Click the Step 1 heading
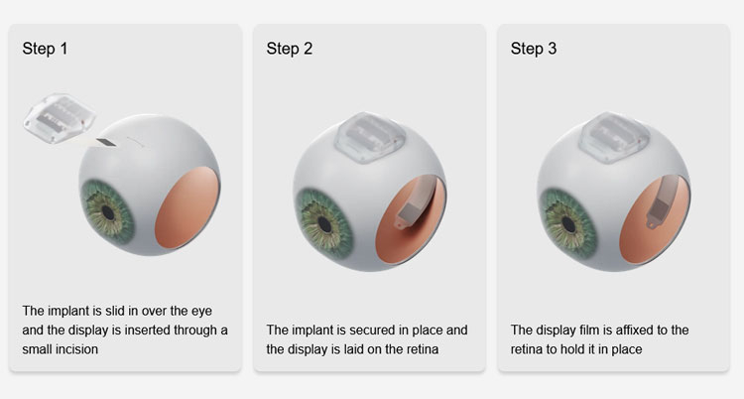click(45, 49)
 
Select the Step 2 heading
click(290, 49)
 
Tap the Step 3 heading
click(534, 49)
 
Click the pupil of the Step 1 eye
click(108, 212)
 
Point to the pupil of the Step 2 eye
click(325, 224)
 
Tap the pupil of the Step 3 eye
click(569, 224)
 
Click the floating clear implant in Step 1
click(60, 118)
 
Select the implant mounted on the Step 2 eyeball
click(370, 138)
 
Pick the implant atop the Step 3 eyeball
click(614, 138)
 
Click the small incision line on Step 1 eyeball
click(135, 141)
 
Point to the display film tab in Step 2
click(402, 223)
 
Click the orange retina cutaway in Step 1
click(187, 207)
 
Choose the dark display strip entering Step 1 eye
click(106, 143)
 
